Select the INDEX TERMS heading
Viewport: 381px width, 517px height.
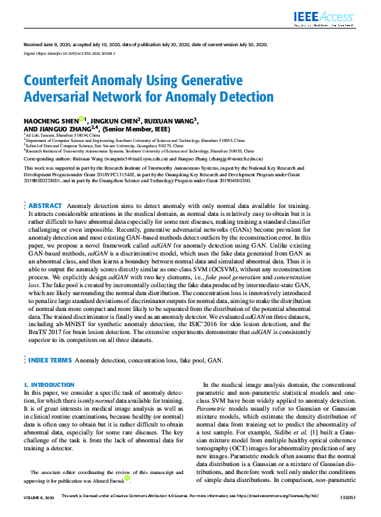pos(50,361)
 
